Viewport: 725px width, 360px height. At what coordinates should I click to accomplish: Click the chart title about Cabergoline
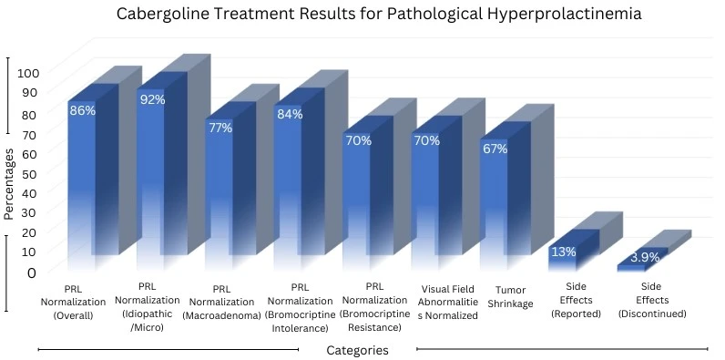pyautogui.click(x=362, y=15)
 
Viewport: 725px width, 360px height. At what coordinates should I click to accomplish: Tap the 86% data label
pyautogui.click(x=82, y=109)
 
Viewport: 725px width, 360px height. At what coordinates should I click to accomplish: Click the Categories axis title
pyautogui.click(x=357, y=350)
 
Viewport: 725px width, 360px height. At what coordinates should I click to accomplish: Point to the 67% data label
pyautogui.click(x=495, y=149)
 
